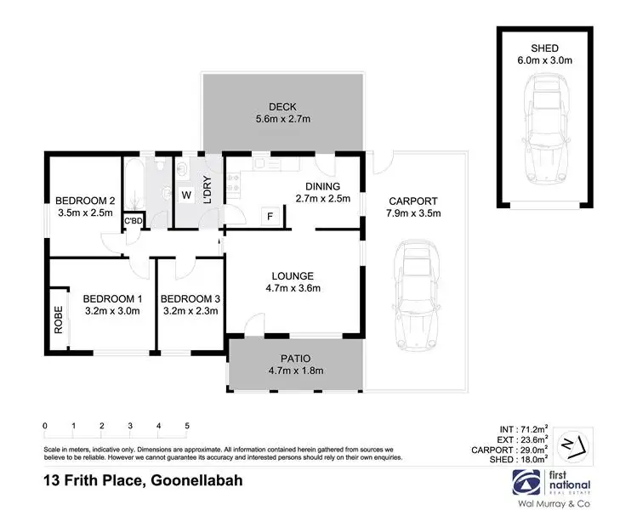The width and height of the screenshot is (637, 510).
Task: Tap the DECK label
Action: pos(282,106)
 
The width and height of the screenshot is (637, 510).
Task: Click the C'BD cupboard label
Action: pos(133,222)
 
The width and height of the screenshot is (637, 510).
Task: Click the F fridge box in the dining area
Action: pos(270,216)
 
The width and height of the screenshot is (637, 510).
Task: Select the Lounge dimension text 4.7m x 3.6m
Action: pos(293,288)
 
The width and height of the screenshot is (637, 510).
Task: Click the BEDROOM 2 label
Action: pos(84,201)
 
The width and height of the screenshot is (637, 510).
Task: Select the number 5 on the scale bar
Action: pos(187,426)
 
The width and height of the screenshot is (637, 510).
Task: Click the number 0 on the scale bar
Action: pos(44,426)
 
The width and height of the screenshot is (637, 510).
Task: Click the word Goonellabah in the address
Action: pos(196,480)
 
